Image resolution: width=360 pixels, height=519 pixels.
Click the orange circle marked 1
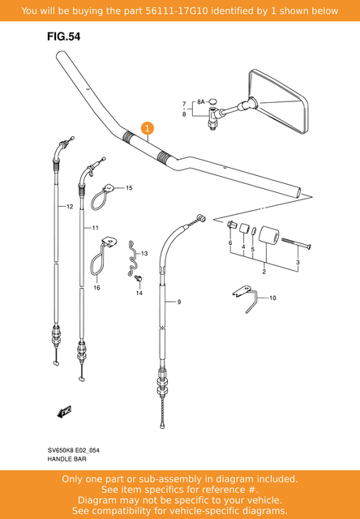coord(147,128)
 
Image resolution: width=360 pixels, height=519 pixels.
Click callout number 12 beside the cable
coord(70,208)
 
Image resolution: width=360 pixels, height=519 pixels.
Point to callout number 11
coord(95,228)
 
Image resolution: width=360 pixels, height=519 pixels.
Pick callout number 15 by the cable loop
coord(128,188)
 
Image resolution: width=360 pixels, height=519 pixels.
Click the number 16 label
coord(96,288)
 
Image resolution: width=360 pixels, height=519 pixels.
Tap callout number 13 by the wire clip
coord(144,255)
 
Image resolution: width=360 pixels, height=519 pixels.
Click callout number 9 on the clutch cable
coord(178,302)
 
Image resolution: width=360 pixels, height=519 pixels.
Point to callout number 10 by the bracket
coord(272,298)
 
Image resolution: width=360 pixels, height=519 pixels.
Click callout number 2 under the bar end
coord(264,272)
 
